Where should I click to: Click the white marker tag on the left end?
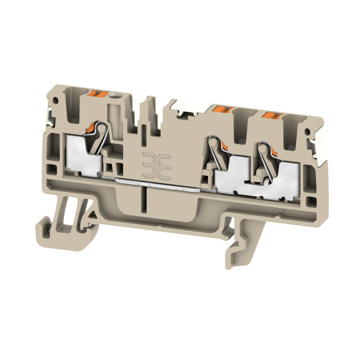(49, 118)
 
